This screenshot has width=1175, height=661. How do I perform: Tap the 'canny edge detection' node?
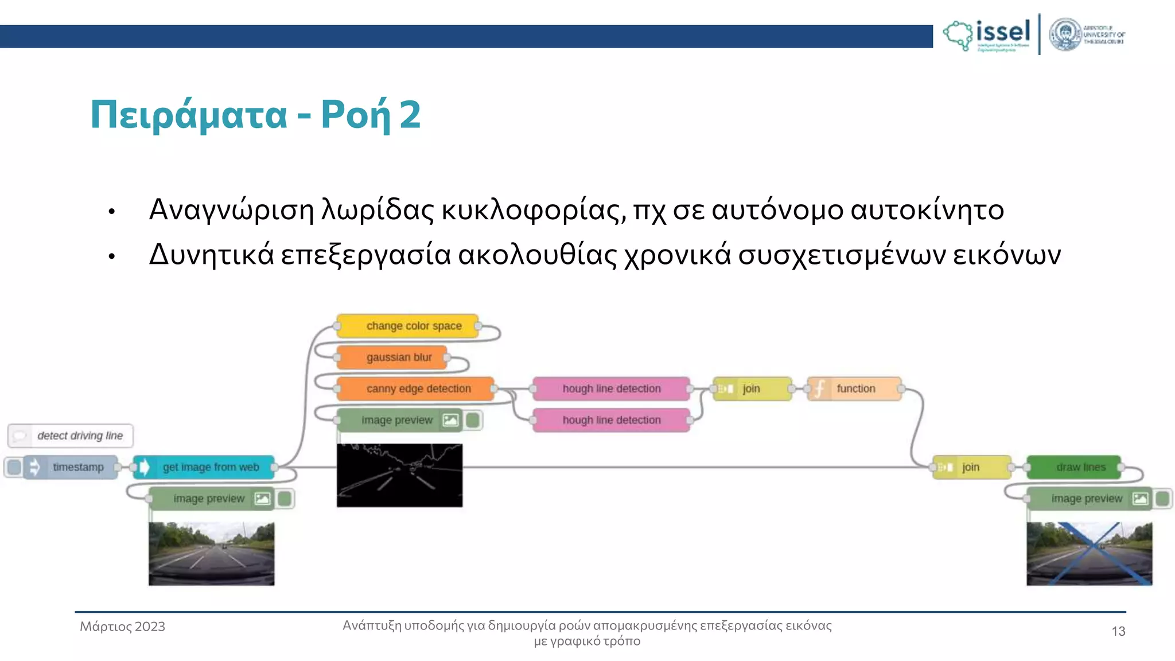pos(415,388)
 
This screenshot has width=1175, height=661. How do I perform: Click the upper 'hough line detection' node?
pos(611,388)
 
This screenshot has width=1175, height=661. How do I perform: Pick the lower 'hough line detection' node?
pos(611,420)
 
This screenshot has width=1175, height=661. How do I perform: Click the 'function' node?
pos(854,388)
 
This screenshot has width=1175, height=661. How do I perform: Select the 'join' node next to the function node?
pos(752,388)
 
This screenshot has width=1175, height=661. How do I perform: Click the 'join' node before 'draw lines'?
pos(971,467)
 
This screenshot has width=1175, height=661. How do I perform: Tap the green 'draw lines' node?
pos(1074,467)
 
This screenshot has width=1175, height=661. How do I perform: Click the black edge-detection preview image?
pos(399,475)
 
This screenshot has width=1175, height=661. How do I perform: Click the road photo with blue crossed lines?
pos(1089,554)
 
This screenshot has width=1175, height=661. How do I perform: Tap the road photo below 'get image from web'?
pos(211,554)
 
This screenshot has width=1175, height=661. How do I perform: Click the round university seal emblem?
pos(1065,34)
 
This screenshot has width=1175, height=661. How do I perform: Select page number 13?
pos(1118,631)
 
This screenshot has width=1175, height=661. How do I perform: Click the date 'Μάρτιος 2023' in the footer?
pos(122,627)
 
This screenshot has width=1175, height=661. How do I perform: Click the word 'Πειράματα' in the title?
pos(189,115)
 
